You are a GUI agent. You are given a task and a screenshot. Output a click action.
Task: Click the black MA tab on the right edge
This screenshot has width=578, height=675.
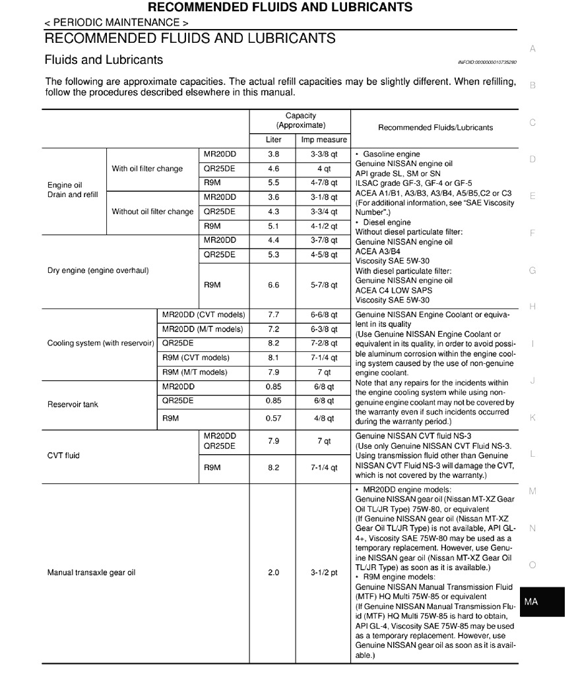click(542, 602)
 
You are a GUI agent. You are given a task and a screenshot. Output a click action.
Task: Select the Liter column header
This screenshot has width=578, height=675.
click(273, 140)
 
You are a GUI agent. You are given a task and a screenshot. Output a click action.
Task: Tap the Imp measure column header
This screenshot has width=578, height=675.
click(324, 140)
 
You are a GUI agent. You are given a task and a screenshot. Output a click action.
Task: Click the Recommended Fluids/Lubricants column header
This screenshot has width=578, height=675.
click(435, 127)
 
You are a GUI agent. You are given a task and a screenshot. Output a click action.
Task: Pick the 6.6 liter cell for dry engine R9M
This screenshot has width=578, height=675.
click(273, 285)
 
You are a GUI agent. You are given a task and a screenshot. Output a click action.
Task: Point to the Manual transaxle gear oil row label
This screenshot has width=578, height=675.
click(91, 573)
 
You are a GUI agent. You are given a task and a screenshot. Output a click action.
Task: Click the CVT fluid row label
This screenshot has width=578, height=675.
click(63, 455)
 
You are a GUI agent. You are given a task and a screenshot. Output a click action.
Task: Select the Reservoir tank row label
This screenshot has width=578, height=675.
click(73, 404)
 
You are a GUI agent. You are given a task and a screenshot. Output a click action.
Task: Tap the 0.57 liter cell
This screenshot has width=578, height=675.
click(273, 419)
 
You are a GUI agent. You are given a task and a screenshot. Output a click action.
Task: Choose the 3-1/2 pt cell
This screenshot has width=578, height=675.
click(324, 573)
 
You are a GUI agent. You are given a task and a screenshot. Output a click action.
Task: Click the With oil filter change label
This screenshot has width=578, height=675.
click(147, 169)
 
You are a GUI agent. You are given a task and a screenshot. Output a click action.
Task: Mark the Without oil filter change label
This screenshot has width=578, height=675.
click(152, 212)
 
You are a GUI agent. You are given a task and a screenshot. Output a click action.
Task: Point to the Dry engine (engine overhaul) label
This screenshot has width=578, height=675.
click(98, 270)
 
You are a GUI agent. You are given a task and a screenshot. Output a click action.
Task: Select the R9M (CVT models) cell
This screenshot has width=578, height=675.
click(196, 358)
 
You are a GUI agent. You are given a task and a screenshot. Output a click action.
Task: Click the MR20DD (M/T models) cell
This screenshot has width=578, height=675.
click(203, 329)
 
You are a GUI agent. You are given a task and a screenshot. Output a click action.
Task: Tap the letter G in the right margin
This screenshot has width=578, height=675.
click(532, 270)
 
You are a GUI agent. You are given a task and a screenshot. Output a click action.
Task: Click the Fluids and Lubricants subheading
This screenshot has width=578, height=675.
click(104, 60)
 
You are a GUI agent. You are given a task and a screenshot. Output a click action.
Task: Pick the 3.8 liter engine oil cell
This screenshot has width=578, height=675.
click(273, 154)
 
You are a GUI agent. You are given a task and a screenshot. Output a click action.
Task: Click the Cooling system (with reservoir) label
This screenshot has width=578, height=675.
click(100, 343)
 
